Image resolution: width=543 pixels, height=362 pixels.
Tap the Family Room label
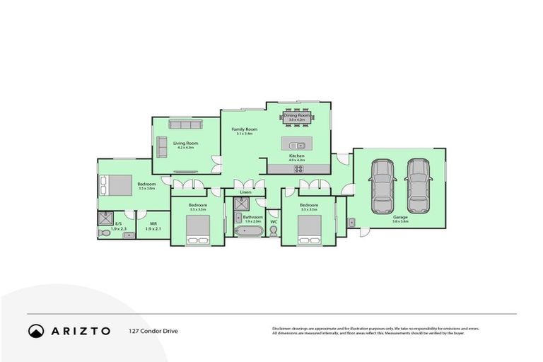246,130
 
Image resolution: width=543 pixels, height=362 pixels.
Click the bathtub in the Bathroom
250,230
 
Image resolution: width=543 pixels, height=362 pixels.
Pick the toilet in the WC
274,230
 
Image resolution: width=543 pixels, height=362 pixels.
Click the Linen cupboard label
245,192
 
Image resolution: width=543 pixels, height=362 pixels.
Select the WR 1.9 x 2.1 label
153,226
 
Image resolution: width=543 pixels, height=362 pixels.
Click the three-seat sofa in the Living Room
186,124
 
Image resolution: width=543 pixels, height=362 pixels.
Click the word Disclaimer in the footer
283,329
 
